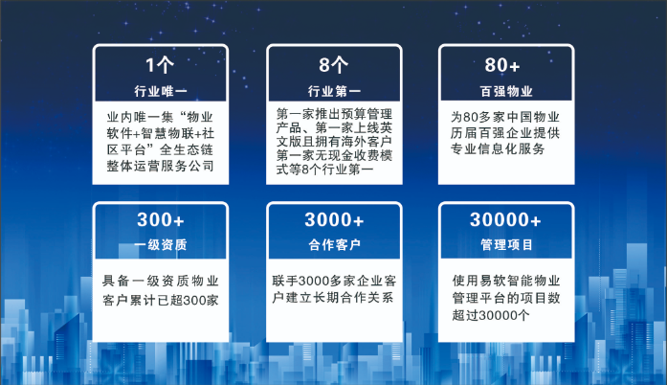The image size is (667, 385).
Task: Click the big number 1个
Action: [x=160, y=66]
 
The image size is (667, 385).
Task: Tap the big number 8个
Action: [x=333, y=66]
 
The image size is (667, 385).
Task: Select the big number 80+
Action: [x=505, y=66]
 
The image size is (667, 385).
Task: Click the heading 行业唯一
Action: [x=160, y=91]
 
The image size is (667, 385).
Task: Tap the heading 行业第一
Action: [x=333, y=91]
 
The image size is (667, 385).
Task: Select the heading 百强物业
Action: [x=505, y=91]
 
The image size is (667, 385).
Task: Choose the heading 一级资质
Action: [x=160, y=245]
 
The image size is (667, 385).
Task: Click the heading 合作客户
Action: [x=333, y=245]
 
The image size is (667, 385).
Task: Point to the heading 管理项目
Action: [x=505, y=245]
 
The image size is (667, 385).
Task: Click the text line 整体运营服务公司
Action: [x=160, y=167]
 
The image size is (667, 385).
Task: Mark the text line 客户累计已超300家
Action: [x=161, y=301]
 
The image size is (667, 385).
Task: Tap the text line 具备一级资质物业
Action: [x=161, y=282]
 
